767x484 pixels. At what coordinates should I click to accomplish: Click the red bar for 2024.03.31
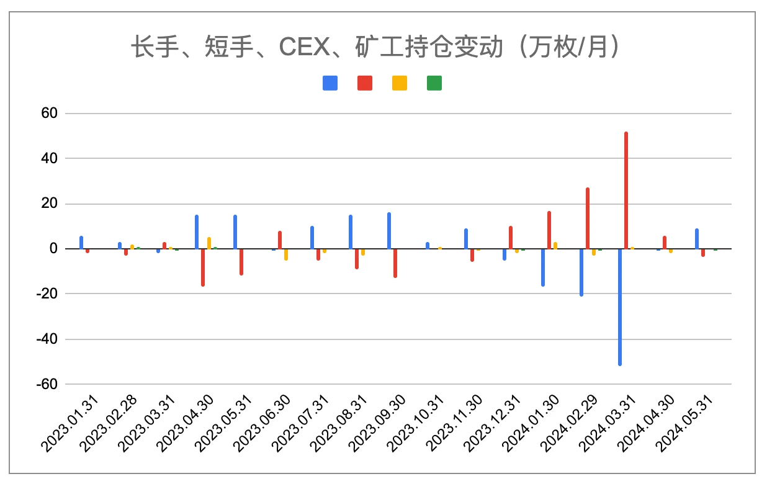click(x=626, y=190)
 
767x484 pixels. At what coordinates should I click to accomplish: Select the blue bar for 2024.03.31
click(x=619, y=307)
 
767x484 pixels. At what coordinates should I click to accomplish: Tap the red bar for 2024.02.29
click(x=588, y=218)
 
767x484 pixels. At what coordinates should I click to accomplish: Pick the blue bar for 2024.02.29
click(x=581, y=272)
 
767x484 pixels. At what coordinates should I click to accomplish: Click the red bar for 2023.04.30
click(x=203, y=267)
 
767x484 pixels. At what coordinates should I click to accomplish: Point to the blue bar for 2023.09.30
click(x=389, y=231)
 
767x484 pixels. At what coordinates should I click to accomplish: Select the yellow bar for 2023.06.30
click(x=286, y=254)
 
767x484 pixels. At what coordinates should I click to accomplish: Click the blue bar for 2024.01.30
click(x=542, y=267)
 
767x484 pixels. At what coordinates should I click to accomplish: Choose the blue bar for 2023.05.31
click(x=235, y=232)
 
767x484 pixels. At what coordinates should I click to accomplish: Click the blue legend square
click(x=330, y=83)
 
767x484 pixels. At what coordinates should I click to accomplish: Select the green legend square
click(x=434, y=83)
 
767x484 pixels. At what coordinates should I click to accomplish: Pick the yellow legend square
click(x=400, y=83)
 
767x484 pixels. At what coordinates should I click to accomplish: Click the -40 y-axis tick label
click(x=48, y=339)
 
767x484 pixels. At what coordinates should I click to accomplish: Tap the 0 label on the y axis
click(x=54, y=249)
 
